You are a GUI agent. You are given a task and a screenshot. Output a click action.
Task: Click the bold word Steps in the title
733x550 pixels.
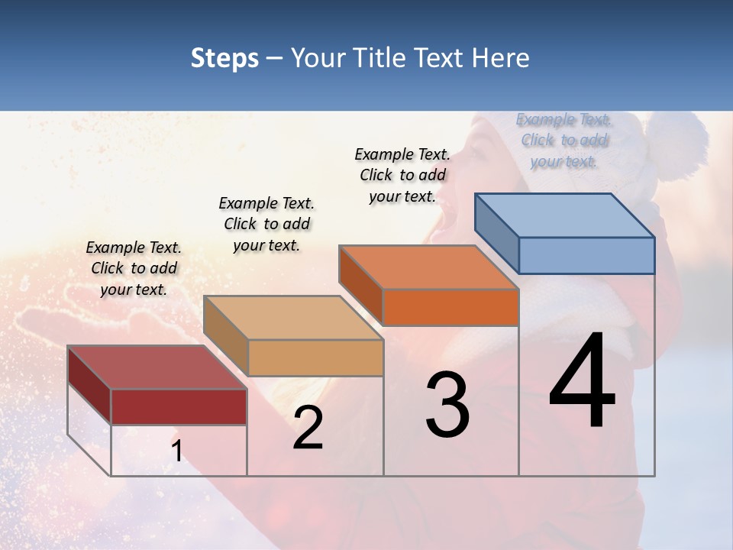click(x=224, y=58)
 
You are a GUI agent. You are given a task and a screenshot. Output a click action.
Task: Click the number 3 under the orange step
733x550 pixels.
click(x=447, y=405)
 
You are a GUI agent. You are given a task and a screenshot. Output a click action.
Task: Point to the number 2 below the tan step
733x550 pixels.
click(x=308, y=428)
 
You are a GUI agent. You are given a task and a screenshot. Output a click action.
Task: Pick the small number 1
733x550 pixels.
click(x=176, y=451)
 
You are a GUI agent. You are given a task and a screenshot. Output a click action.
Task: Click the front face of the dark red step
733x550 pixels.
click(x=179, y=406)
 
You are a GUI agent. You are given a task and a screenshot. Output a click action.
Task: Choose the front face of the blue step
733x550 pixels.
click(x=586, y=255)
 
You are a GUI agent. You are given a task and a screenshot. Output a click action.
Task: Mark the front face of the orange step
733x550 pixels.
click(x=450, y=307)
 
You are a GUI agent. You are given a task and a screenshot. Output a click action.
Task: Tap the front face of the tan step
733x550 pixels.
click(x=315, y=357)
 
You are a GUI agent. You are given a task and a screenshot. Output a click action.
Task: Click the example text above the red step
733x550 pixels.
click(x=134, y=268)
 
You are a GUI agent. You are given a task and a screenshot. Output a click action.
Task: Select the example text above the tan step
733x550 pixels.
click(x=266, y=224)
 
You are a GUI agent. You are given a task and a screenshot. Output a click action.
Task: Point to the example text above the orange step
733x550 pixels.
click(x=402, y=175)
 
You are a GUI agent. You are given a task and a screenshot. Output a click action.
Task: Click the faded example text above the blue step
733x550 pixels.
click(x=564, y=140)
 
